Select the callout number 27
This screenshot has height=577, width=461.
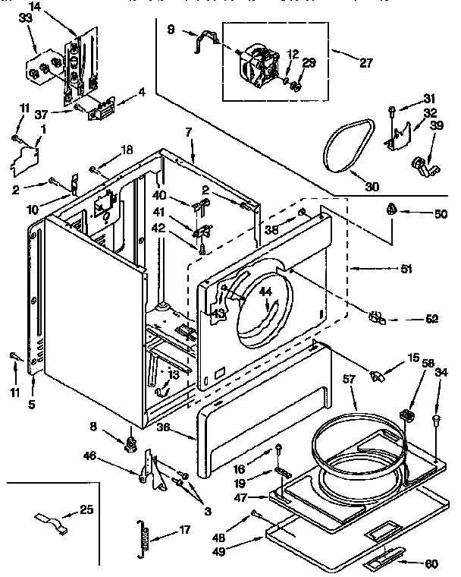coord(365,64)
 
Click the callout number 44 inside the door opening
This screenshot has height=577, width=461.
coord(265,292)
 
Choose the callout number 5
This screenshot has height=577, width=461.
coord(32,405)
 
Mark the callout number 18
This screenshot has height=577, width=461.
coord(127,150)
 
